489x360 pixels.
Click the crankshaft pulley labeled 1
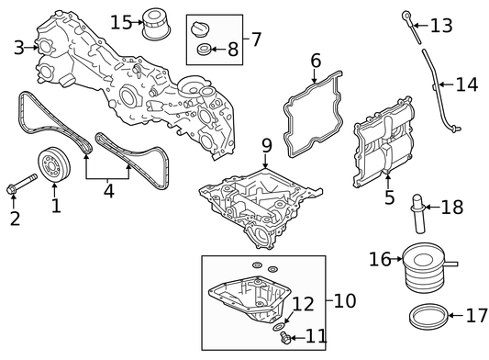pos(54,164)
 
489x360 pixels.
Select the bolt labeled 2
pos(21,184)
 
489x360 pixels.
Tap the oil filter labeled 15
pos(156,25)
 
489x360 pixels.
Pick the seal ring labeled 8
pos(204,49)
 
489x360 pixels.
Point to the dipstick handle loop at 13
pos(406,16)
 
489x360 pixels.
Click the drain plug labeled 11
pos(285,338)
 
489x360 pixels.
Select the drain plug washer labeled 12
pos(278,327)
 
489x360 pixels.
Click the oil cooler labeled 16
pos(424,268)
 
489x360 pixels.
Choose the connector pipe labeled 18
pos(418,214)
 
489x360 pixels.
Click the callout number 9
pos(267,145)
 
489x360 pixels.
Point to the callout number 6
pos(316,61)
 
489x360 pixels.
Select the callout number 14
pos(467,84)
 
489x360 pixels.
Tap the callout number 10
pos(345,300)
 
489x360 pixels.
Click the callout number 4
pos(108,191)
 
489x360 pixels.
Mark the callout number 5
pos(390,197)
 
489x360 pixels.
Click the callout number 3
pos(18,48)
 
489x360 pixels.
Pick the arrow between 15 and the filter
pos(137,22)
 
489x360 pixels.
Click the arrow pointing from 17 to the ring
pos(456,316)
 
